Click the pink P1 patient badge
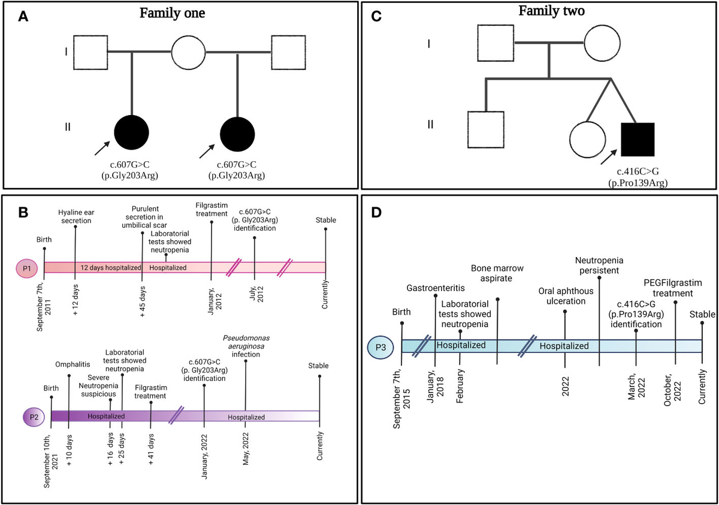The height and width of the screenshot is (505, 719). click(x=28, y=267)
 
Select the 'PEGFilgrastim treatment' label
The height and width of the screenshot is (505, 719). click(x=676, y=289)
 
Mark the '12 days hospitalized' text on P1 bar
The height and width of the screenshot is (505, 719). click(x=110, y=267)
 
